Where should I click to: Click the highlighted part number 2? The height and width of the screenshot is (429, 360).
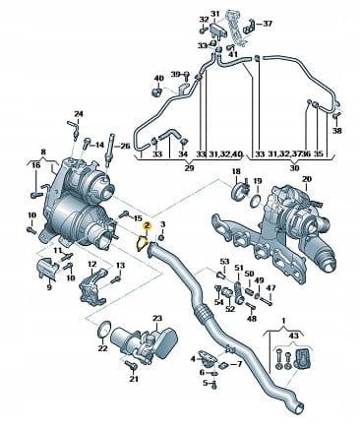(x=147, y=225)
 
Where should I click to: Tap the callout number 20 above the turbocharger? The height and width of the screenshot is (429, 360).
(x=307, y=179)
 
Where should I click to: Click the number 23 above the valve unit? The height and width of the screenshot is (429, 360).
(x=157, y=318)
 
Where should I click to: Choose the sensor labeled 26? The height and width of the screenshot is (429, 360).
(x=109, y=151)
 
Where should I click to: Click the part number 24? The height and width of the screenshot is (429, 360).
(x=79, y=114)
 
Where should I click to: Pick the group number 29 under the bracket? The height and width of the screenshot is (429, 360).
(x=189, y=168)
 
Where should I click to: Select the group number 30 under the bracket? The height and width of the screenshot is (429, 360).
(x=294, y=168)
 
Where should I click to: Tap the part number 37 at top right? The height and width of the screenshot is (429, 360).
(x=268, y=24)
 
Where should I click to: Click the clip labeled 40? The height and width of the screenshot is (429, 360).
(x=158, y=92)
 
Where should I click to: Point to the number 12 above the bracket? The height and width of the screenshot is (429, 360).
(x=91, y=264)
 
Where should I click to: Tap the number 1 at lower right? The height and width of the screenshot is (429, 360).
(x=284, y=320)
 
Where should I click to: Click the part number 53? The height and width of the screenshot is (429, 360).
(x=224, y=262)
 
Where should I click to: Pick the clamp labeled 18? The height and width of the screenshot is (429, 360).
(x=240, y=191)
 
